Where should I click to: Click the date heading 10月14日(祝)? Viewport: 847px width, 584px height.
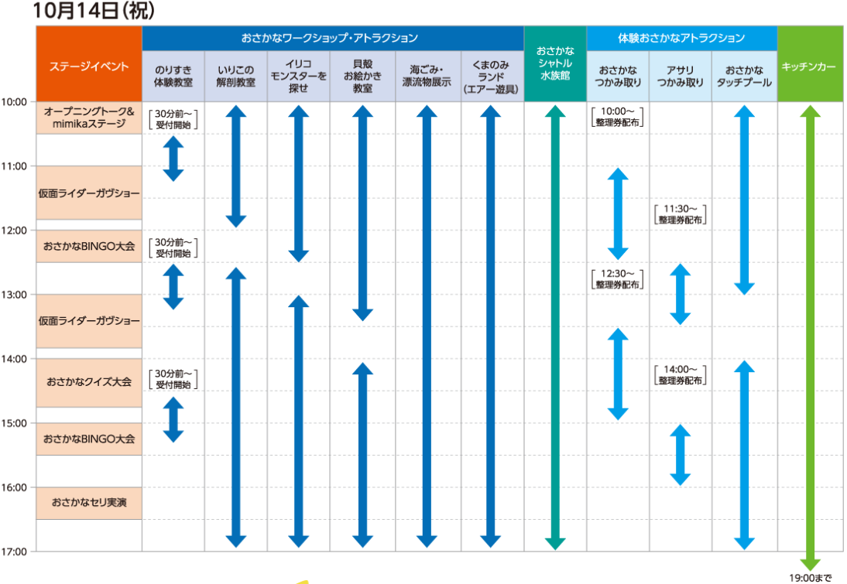click(94, 11)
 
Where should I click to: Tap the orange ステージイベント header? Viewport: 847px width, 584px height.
click(89, 63)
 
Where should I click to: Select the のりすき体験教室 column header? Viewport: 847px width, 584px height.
click(173, 76)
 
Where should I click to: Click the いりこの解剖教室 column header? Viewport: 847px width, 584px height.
click(235, 76)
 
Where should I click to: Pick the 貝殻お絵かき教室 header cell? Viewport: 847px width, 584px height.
click(362, 76)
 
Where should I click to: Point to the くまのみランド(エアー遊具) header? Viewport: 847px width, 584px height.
click(491, 76)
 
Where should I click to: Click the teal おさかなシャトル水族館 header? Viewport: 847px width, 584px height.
click(555, 63)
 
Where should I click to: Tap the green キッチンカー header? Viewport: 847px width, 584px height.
click(810, 63)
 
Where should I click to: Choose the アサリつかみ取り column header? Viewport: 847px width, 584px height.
click(680, 76)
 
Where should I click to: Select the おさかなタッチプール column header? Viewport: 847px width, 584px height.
click(744, 76)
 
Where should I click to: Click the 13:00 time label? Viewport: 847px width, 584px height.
click(14, 295)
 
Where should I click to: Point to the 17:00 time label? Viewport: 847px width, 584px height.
click(14, 552)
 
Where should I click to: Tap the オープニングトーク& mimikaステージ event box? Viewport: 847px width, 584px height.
click(89, 118)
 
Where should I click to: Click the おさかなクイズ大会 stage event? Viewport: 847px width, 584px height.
click(89, 382)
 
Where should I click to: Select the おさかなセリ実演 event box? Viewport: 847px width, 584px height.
click(89, 503)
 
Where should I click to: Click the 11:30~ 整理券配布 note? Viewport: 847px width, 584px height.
click(680, 214)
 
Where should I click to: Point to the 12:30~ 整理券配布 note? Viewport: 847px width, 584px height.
click(617, 279)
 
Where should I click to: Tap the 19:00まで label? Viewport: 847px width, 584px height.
click(810, 578)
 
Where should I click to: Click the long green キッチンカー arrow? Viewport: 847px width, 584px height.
click(810, 338)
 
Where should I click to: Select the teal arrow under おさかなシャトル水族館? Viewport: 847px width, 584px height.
click(555, 328)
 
